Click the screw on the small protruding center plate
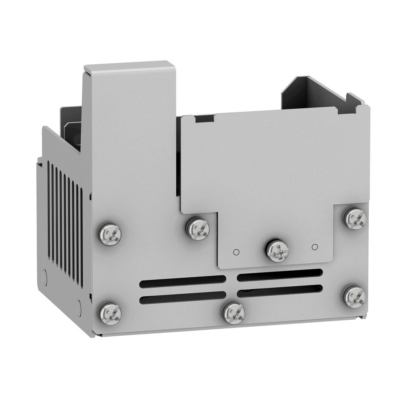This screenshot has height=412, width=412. (277, 250)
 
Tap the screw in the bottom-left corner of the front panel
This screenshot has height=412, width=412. (110, 313)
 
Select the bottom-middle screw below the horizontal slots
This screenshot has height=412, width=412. (234, 313)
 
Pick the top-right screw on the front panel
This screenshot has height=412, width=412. (355, 218)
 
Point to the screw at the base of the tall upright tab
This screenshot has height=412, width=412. (110, 234)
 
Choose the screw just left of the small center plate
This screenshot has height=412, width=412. (198, 228)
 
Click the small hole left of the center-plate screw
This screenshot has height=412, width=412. (236, 252)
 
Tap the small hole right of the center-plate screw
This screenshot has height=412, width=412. (315, 247)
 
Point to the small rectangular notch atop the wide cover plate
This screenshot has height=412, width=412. (204, 119)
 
